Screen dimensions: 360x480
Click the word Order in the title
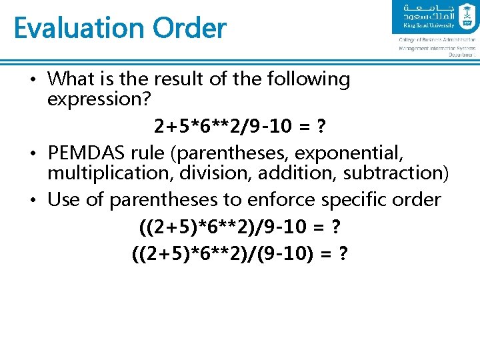(189, 29)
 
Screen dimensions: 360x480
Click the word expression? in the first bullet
(101, 99)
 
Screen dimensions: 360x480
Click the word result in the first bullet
(178, 79)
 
